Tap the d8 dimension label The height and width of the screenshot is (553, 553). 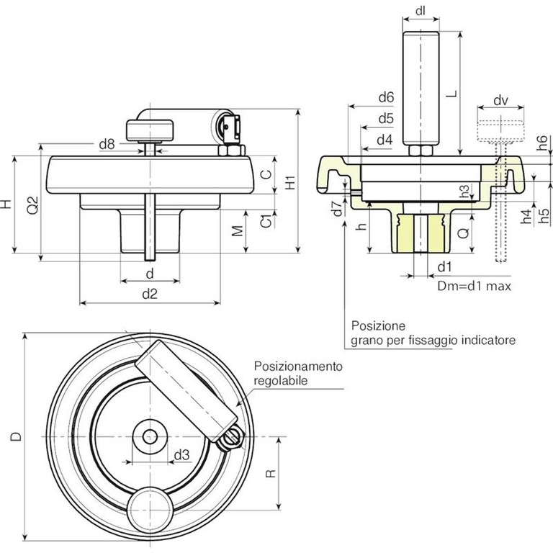[x=106, y=145]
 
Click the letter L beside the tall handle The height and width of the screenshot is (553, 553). [x=450, y=94]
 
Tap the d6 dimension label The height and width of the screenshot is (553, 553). [x=385, y=97]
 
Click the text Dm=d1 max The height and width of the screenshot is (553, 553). [x=475, y=287]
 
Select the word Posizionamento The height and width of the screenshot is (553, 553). [x=297, y=367]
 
